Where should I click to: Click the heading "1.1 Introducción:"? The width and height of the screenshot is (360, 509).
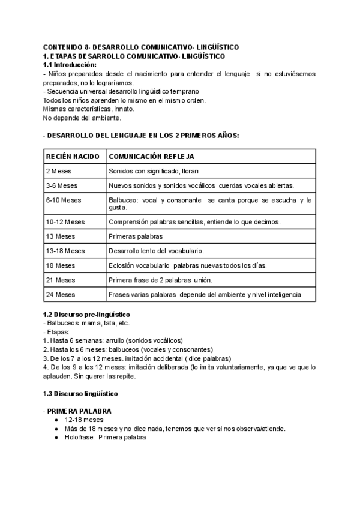(x=70, y=64)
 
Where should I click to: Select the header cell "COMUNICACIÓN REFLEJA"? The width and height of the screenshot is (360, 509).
(x=152, y=156)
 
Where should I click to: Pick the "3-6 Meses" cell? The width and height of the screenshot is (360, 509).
(x=61, y=185)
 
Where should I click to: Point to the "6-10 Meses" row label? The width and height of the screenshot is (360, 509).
(x=63, y=200)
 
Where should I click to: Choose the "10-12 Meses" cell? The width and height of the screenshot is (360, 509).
(x=65, y=222)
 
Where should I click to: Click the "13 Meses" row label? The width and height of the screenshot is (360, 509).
(x=60, y=236)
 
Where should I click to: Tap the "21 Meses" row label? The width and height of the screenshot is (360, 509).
(x=60, y=280)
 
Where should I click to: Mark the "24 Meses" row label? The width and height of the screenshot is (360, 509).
(x=60, y=294)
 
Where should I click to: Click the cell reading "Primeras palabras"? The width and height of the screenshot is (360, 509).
(x=136, y=236)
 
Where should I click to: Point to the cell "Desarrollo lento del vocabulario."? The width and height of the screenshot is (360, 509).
(x=156, y=251)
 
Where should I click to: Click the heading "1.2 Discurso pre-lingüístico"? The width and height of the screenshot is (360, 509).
(x=87, y=315)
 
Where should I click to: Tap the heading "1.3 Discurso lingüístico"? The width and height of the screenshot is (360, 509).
(x=81, y=394)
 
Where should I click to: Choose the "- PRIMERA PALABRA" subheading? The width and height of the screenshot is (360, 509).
(x=78, y=411)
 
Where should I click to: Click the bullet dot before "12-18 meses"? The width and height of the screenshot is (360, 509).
(x=56, y=420)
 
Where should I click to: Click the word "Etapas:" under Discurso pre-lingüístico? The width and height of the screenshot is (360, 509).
(x=59, y=331)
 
